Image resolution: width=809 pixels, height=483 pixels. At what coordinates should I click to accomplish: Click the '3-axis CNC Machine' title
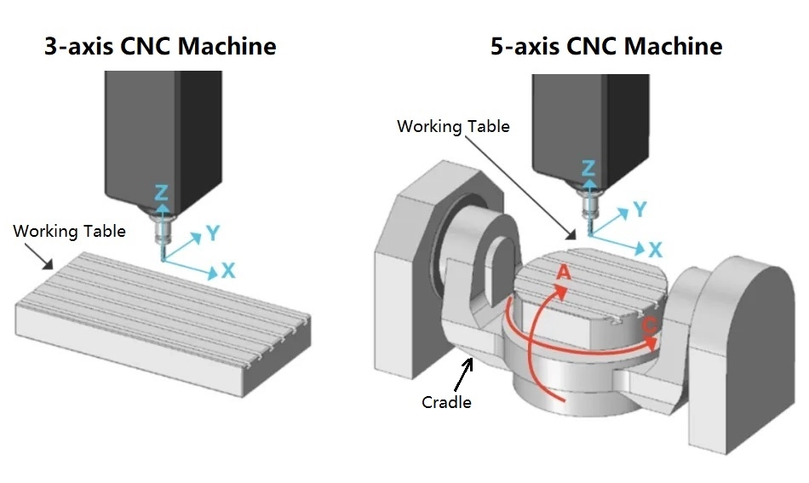click(160, 45)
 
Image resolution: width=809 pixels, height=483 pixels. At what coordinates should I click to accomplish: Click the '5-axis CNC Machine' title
click(605, 45)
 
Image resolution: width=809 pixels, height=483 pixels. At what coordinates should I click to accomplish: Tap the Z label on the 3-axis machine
click(161, 192)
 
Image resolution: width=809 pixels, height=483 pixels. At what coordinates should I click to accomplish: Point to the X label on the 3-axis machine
click(228, 271)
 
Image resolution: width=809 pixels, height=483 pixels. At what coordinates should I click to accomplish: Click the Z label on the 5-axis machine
click(587, 169)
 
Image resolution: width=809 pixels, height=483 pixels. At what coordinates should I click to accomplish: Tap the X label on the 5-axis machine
click(654, 249)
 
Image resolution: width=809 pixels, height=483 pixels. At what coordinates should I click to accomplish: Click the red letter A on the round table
click(561, 273)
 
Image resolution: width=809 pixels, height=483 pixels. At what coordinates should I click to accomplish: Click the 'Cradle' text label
click(446, 401)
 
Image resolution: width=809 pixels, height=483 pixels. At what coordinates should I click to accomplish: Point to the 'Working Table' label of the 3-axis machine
click(69, 231)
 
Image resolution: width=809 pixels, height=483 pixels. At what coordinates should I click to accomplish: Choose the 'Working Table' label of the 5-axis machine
click(453, 126)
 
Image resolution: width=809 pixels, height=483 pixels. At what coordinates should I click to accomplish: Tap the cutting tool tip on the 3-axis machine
click(161, 258)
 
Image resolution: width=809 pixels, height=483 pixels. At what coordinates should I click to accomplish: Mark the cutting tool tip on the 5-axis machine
click(587, 232)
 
